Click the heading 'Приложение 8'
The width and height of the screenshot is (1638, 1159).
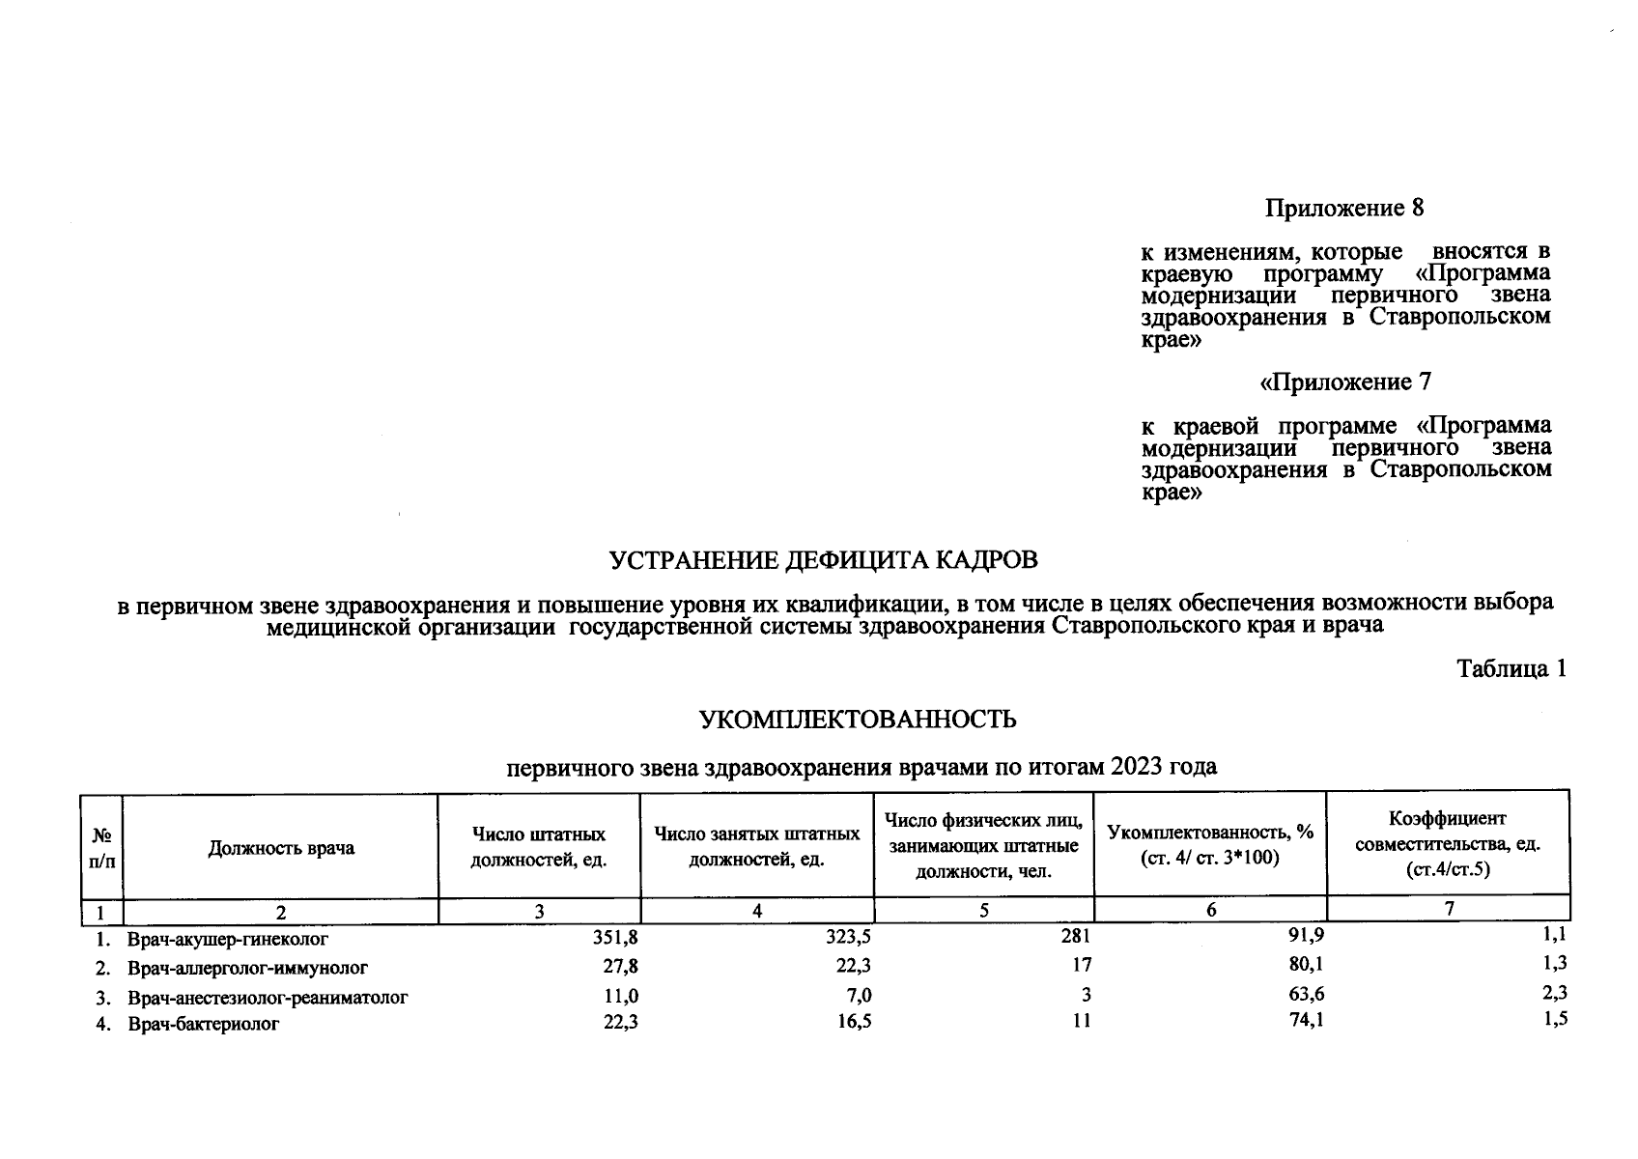(1344, 209)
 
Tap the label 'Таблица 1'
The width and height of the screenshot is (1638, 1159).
(1511, 668)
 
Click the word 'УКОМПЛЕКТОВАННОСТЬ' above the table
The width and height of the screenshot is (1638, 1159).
(858, 720)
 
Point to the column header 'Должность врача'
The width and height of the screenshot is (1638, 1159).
(281, 848)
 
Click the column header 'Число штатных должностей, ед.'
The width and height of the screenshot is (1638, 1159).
(539, 847)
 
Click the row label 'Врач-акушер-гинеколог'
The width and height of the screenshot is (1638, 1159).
(228, 938)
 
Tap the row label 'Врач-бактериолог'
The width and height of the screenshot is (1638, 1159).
(204, 1024)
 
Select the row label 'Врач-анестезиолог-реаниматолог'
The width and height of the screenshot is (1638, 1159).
(268, 997)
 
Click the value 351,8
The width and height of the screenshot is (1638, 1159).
(615, 937)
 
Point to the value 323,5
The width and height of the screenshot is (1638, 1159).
(849, 937)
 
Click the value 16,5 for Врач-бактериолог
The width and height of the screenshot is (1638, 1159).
(851, 1021)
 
